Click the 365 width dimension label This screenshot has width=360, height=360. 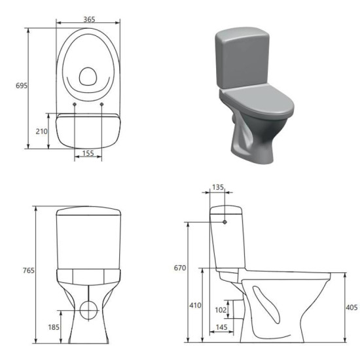(89, 19)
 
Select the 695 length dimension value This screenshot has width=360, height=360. (22, 86)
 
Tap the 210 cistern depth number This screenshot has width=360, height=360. (41, 132)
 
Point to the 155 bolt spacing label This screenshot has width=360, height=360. (88, 153)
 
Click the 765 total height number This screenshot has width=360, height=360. (28, 270)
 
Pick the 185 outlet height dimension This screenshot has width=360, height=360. (54, 327)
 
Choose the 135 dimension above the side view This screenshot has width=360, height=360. (218, 187)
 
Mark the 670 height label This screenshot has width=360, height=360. (180, 268)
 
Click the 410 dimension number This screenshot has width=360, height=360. (195, 305)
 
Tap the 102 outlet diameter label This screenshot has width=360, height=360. (221, 310)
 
